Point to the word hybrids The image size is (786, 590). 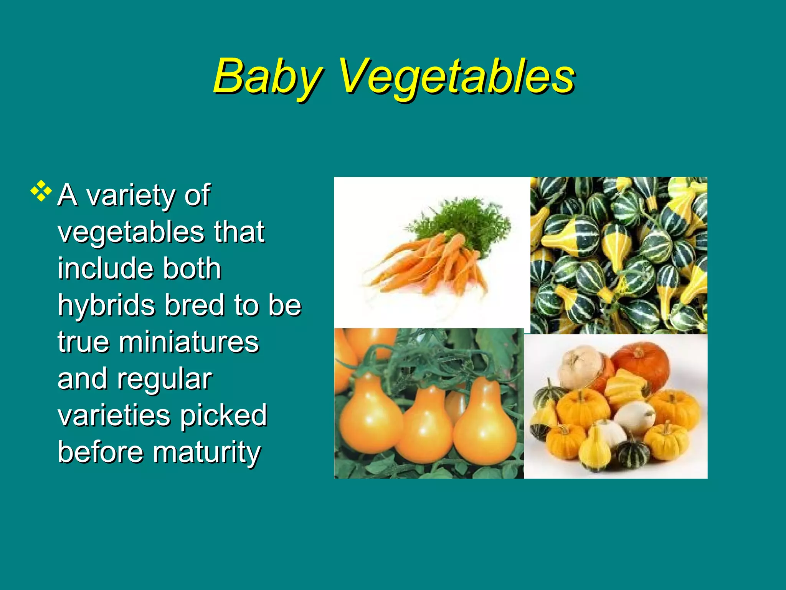tap(107, 305)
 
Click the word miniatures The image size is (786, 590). tap(188, 342)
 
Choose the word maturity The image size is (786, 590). tap(207, 452)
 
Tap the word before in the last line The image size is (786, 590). tap(101, 452)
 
